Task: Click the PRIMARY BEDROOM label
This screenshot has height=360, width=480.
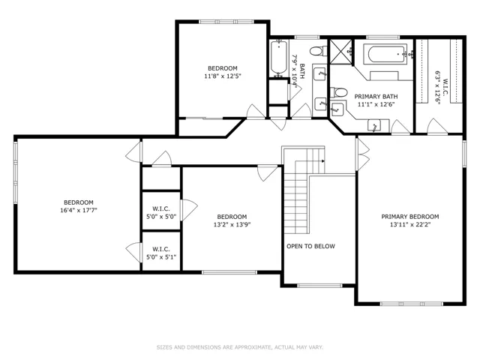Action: (x=410, y=217)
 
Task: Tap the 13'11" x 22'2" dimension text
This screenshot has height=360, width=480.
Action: (x=410, y=225)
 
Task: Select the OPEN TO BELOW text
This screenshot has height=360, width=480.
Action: (x=310, y=246)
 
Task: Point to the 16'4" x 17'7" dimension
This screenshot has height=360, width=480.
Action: (x=79, y=210)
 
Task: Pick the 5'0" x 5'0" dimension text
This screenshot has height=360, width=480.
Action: (x=161, y=217)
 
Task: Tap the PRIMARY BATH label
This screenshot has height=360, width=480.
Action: (x=376, y=97)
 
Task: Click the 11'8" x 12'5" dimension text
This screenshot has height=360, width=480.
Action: (x=223, y=76)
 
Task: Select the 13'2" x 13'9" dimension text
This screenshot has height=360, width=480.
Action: (x=232, y=225)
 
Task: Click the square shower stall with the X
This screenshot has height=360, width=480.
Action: (x=341, y=51)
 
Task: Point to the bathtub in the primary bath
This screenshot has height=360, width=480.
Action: (x=385, y=55)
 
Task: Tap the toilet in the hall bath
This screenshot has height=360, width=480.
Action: (x=318, y=51)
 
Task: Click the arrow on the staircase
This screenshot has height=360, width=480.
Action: (x=323, y=161)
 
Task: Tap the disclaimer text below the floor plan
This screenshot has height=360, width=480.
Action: (x=240, y=347)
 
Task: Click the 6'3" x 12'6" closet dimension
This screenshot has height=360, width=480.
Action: (x=438, y=88)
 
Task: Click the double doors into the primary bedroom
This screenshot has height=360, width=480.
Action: (x=363, y=154)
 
